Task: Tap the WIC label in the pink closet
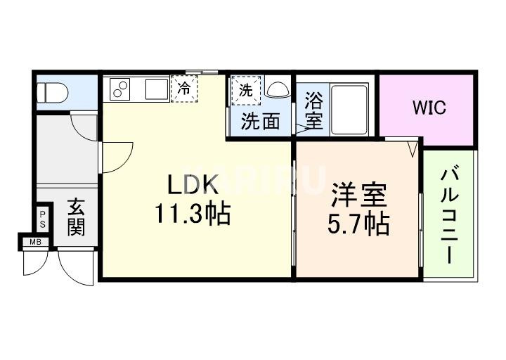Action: coord(429,108)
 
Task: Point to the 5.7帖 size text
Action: coord(358,223)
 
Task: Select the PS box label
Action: coord(44,219)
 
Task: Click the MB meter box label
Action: coord(34,243)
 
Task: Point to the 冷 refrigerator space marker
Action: coord(184,89)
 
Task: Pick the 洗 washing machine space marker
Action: coord(246,90)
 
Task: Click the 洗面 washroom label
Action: coord(260,122)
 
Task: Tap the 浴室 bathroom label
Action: coord(313,110)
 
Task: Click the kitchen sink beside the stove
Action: coord(155,89)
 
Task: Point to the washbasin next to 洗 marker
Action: coord(278,89)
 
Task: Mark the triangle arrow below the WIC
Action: coord(413,148)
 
